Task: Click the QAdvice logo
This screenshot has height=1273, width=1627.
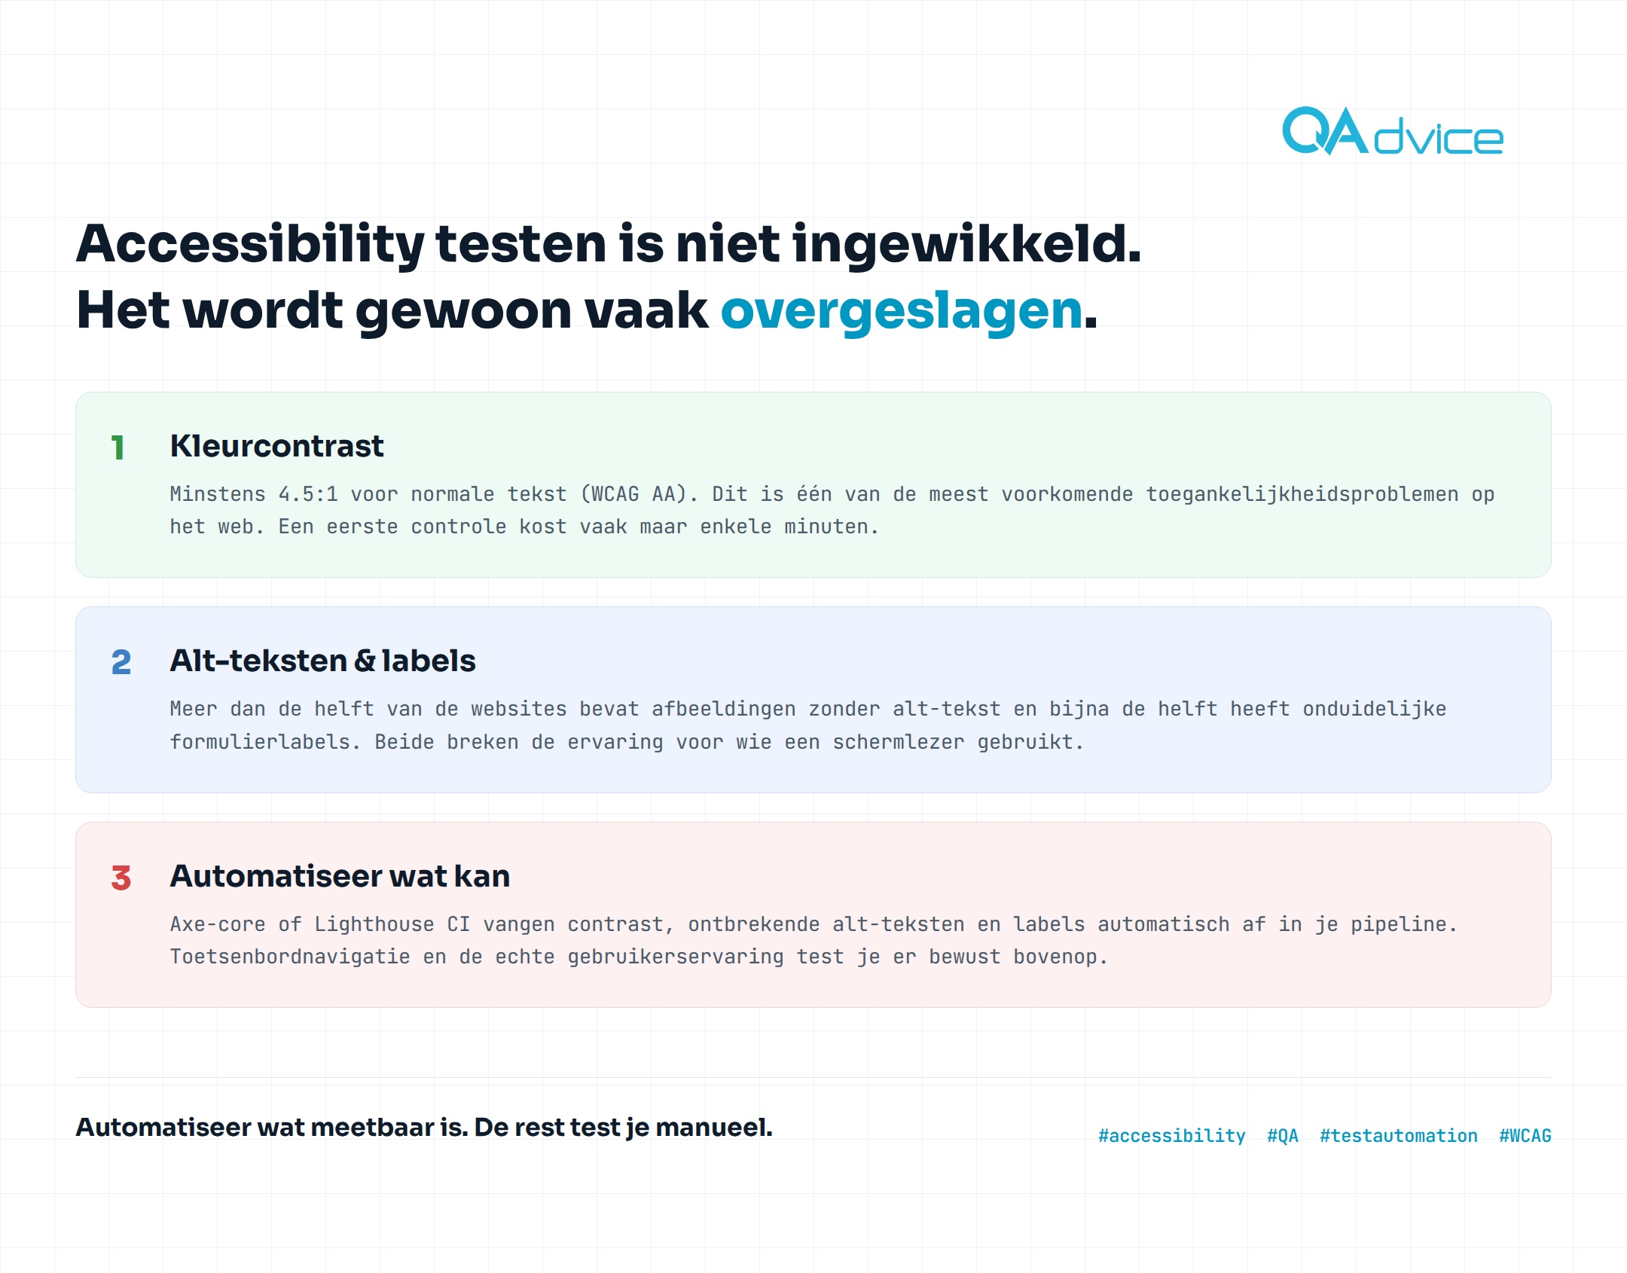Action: point(1392,131)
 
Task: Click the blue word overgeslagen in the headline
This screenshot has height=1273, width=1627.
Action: point(902,310)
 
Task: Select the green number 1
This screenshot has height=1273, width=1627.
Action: point(118,447)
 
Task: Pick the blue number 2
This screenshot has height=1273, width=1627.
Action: point(121,663)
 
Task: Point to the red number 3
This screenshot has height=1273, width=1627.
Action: point(121,878)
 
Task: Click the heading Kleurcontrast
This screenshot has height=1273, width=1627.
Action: point(276,446)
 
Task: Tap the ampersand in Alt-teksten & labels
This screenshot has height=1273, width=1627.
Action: point(365,661)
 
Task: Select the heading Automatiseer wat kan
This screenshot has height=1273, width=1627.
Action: point(340,876)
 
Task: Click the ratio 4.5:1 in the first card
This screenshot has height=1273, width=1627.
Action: point(308,494)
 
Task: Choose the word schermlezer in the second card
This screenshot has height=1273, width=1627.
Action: point(899,742)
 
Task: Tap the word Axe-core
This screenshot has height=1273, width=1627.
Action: point(218,924)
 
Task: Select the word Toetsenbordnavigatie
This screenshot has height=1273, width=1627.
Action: point(290,957)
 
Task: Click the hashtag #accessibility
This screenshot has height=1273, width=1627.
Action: point(1172,1136)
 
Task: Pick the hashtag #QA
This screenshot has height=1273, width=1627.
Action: point(1283,1136)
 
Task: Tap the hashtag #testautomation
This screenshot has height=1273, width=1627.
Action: point(1399,1136)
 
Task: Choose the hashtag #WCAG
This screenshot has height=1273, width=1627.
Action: point(1525,1136)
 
